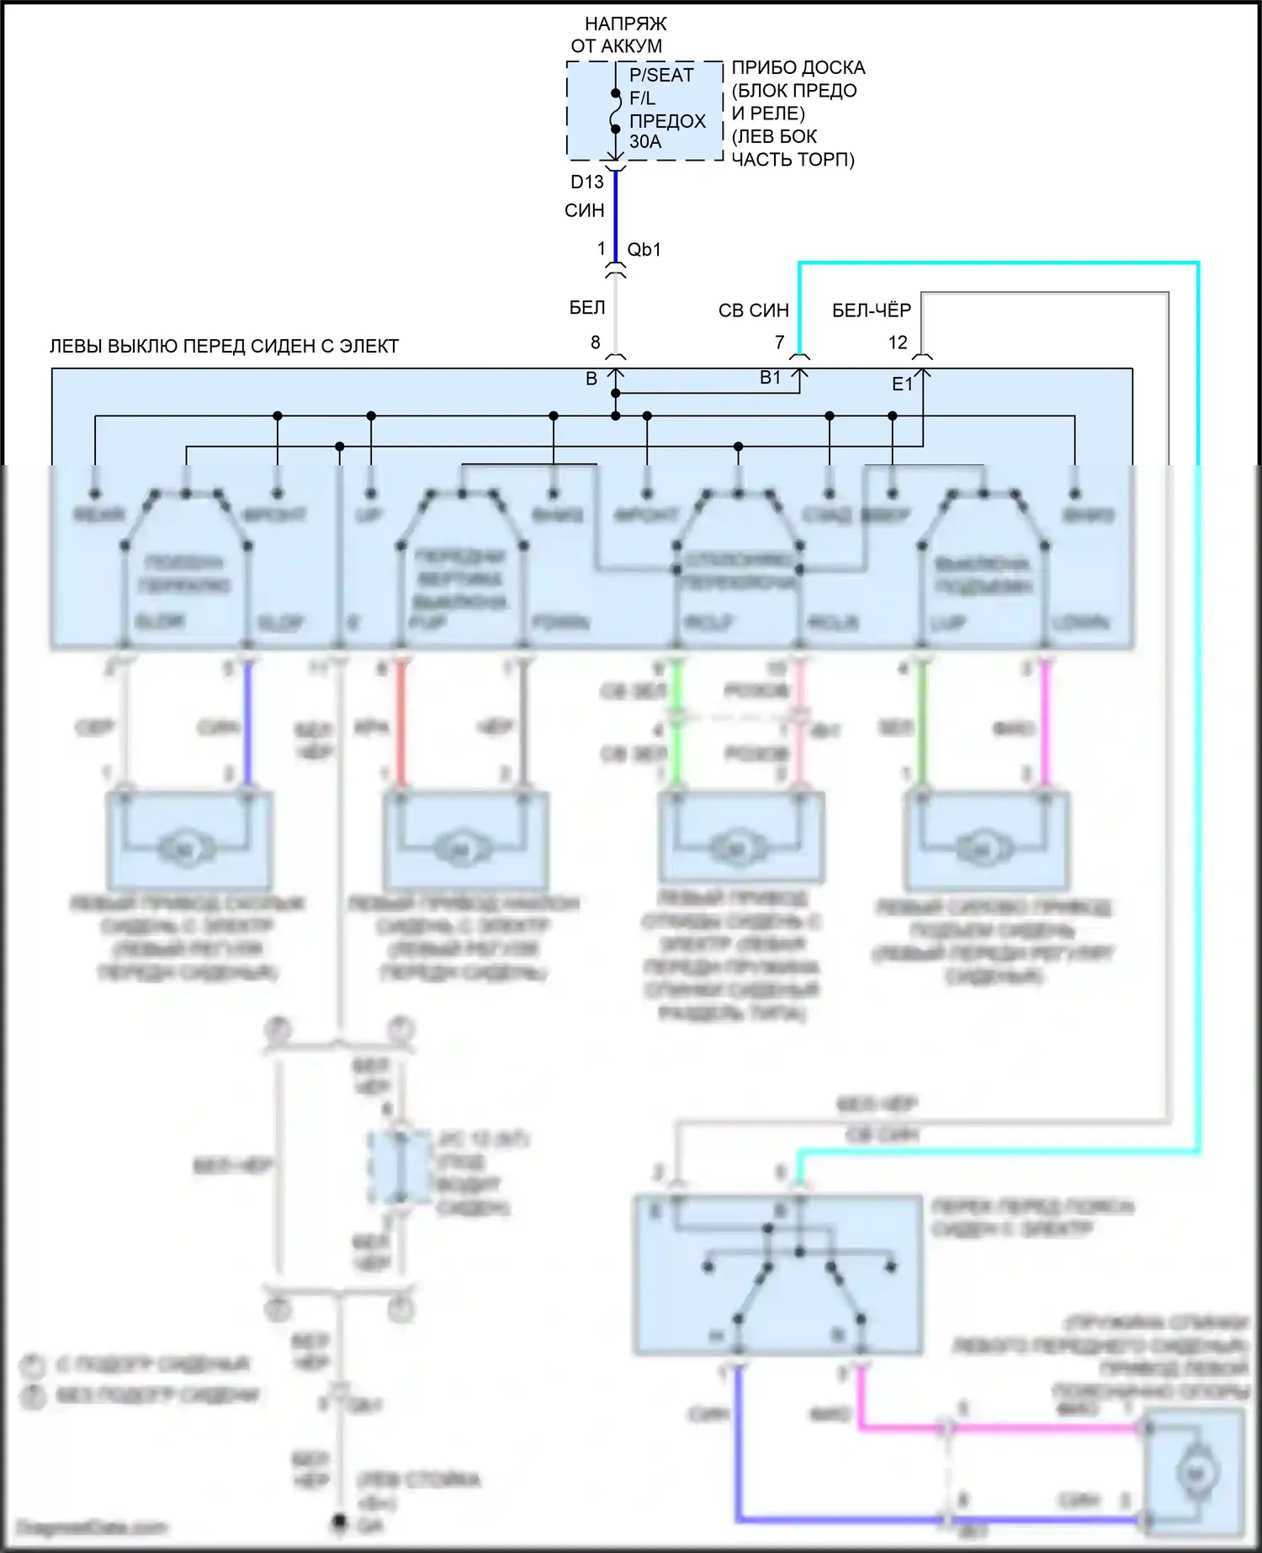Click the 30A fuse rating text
pyautogui.click(x=645, y=142)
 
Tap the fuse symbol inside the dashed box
pyautogui.click(x=615, y=111)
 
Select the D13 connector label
pyautogui.click(x=586, y=182)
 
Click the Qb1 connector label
pyautogui.click(x=644, y=250)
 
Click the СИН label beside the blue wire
pyautogui.click(x=584, y=210)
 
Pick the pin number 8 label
pyautogui.click(x=596, y=342)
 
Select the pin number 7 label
pyautogui.click(x=780, y=342)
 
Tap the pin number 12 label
pyautogui.click(x=898, y=342)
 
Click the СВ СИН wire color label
pyautogui.click(x=753, y=310)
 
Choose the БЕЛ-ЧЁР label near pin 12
pyautogui.click(x=871, y=310)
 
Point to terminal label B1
pyautogui.click(x=770, y=378)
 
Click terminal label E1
pyautogui.click(x=902, y=384)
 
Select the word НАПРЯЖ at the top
pyautogui.click(x=625, y=24)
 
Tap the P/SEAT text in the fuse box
pyautogui.click(x=661, y=76)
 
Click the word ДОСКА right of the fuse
pyautogui.click(x=832, y=68)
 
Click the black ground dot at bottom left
pyautogui.click(x=339, y=1522)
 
